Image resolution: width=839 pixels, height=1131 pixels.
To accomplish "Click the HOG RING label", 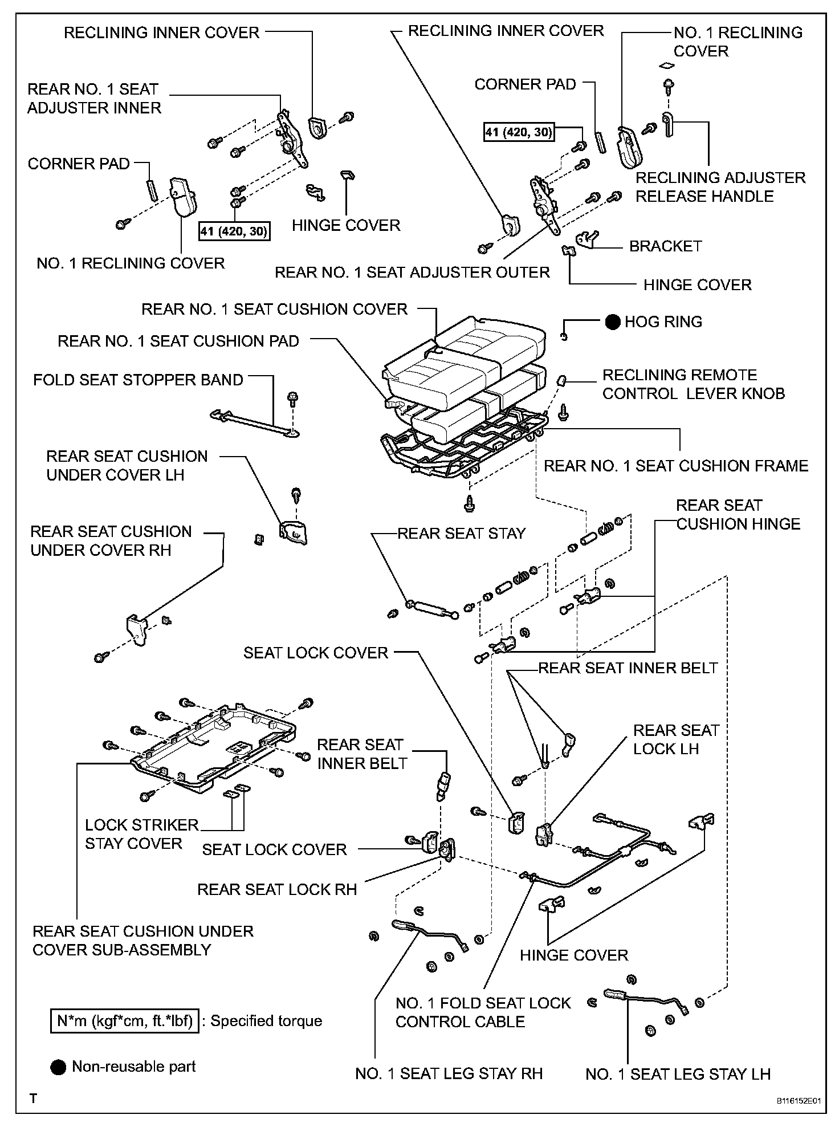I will [x=663, y=322].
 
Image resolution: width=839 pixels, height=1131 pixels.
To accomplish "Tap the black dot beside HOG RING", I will [x=613, y=322].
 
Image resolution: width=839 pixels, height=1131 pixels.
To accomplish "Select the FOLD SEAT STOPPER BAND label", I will [x=138, y=380].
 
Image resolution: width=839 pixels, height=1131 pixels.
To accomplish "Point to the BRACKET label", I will [x=665, y=246].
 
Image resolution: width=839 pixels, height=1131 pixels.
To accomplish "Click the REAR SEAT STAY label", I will [x=461, y=534].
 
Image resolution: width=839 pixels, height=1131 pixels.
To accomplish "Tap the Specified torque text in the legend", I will [x=266, y=1020].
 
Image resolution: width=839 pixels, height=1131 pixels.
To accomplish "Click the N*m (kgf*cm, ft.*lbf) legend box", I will [x=125, y=1020].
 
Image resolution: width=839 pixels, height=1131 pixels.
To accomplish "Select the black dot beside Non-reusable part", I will [x=58, y=1067].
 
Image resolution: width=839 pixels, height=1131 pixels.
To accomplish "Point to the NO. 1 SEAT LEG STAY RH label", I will [x=449, y=1074].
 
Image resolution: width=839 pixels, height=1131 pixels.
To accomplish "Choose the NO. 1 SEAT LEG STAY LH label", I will [x=678, y=1075].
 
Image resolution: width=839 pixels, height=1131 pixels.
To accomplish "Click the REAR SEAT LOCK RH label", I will [x=277, y=889].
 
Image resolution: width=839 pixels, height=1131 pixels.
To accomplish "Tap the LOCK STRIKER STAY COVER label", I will [x=141, y=834].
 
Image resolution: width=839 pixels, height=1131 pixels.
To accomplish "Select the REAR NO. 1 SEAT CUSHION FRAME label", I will [x=676, y=466].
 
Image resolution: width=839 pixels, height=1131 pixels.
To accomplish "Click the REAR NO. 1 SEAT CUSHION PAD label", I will [x=178, y=341].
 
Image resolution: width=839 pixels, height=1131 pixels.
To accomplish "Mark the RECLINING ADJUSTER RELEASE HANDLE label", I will [x=720, y=187].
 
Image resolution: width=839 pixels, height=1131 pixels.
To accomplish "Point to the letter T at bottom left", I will [x=34, y=1099].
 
